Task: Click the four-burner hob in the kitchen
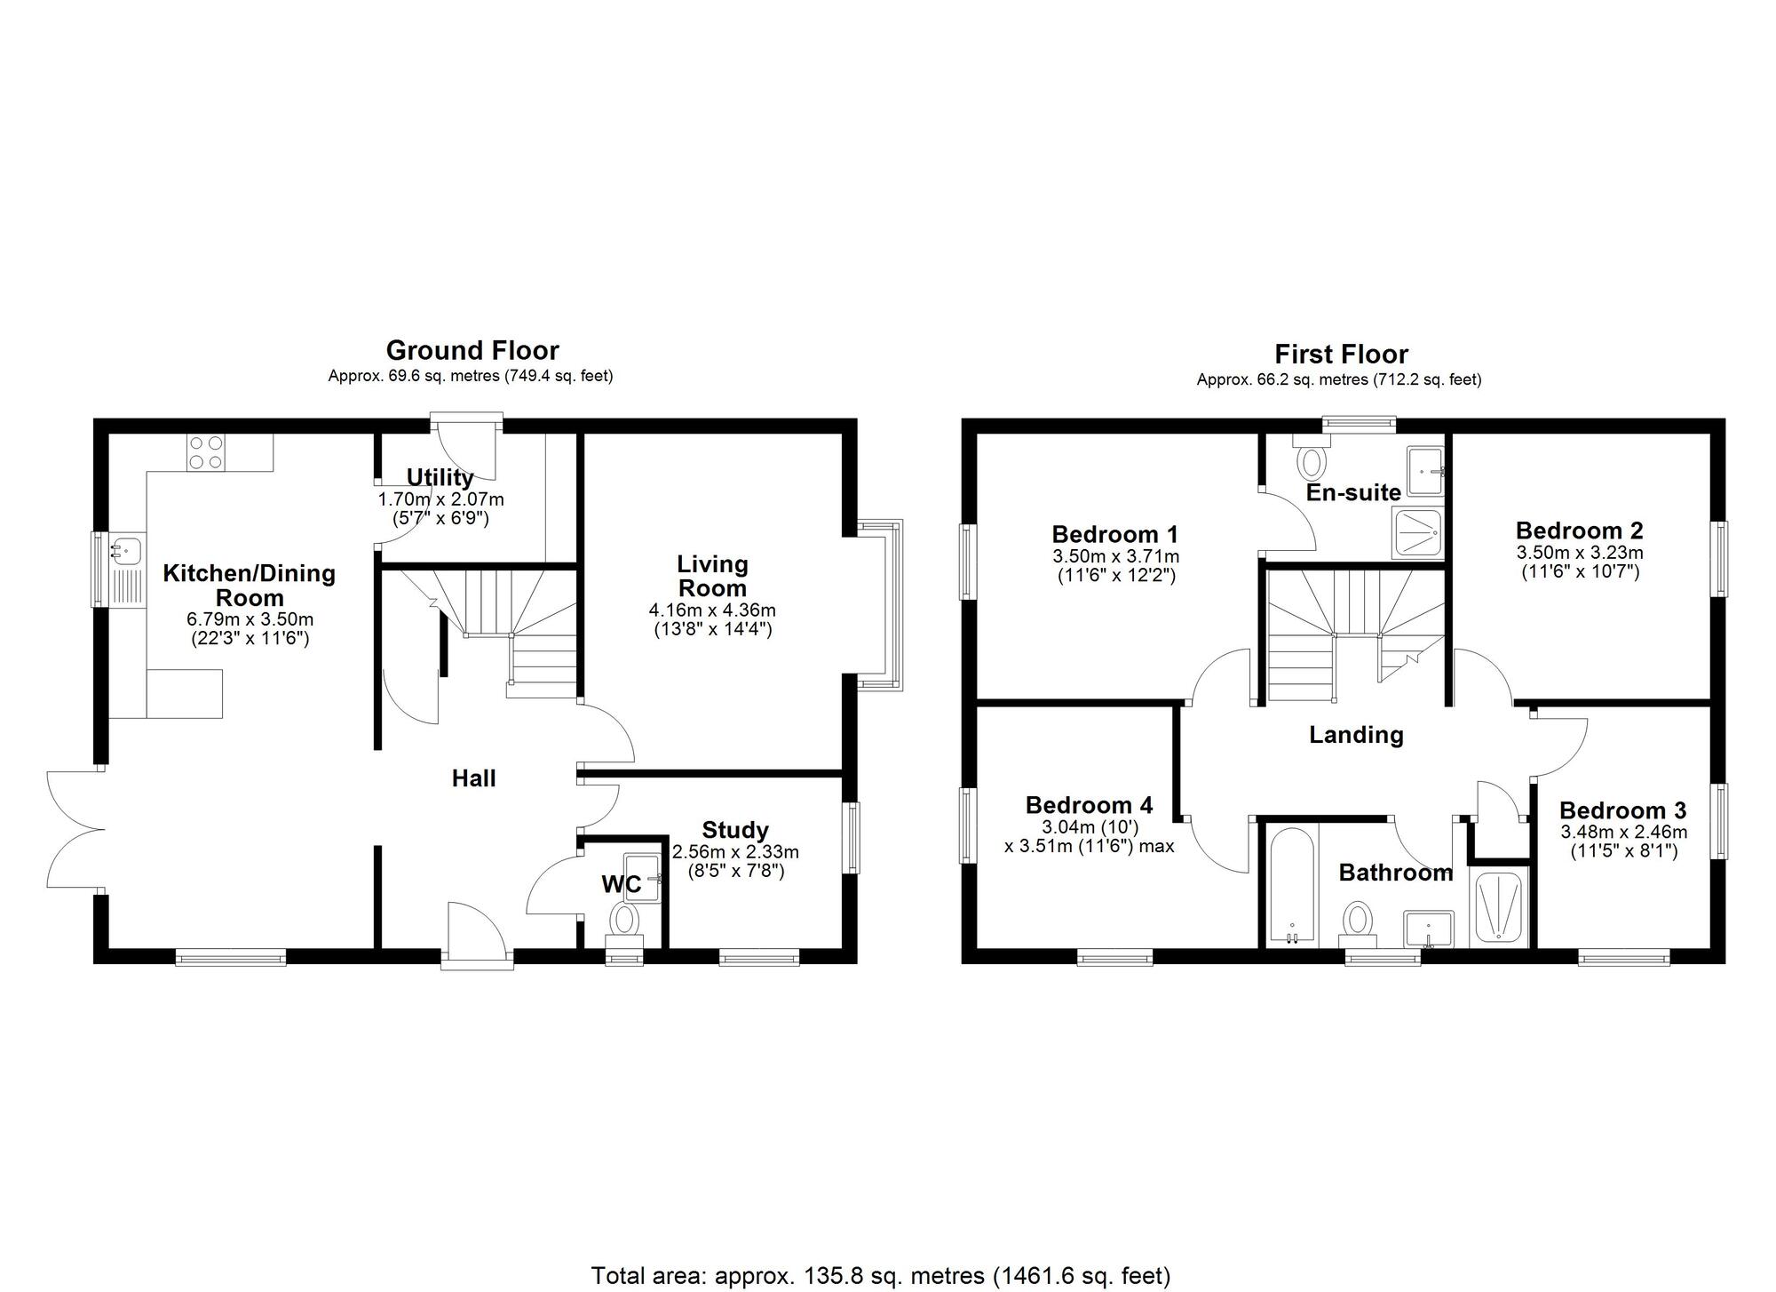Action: (206, 452)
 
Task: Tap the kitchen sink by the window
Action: (125, 550)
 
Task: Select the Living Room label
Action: (712, 576)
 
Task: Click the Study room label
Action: (735, 830)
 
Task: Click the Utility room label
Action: (440, 477)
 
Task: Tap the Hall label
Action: (473, 778)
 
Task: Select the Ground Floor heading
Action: (472, 350)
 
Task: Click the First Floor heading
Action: (1341, 355)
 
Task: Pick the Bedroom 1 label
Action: (1114, 534)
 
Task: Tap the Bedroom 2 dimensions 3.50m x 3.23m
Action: (1580, 553)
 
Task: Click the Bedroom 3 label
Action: (1622, 810)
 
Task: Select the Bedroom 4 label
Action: (1089, 805)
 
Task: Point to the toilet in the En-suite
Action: (1311, 458)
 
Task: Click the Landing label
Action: (1356, 735)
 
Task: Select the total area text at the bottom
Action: (881, 1276)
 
